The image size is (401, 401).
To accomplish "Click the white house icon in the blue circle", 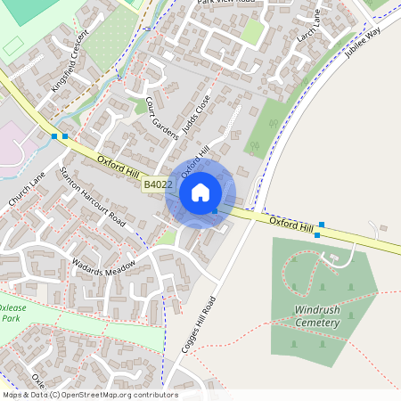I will pos(200,192).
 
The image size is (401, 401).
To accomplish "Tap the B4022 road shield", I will pos(157,184).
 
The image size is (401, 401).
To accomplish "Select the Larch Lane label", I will pos(309,26).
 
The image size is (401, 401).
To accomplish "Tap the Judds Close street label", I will pos(195,115).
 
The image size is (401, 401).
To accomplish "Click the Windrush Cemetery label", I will pos(317,316).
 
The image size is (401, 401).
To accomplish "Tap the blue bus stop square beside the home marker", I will pos(215,210).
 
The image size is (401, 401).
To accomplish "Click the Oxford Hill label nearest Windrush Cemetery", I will pos(292,223).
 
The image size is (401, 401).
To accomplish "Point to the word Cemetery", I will pos(317,323).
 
